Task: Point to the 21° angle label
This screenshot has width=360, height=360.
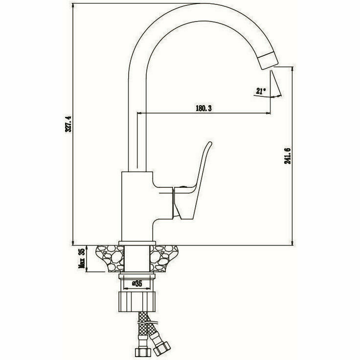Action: click(260, 90)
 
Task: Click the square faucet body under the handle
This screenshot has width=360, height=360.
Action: click(137, 205)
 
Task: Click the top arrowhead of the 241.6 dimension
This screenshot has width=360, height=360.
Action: click(292, 69)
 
